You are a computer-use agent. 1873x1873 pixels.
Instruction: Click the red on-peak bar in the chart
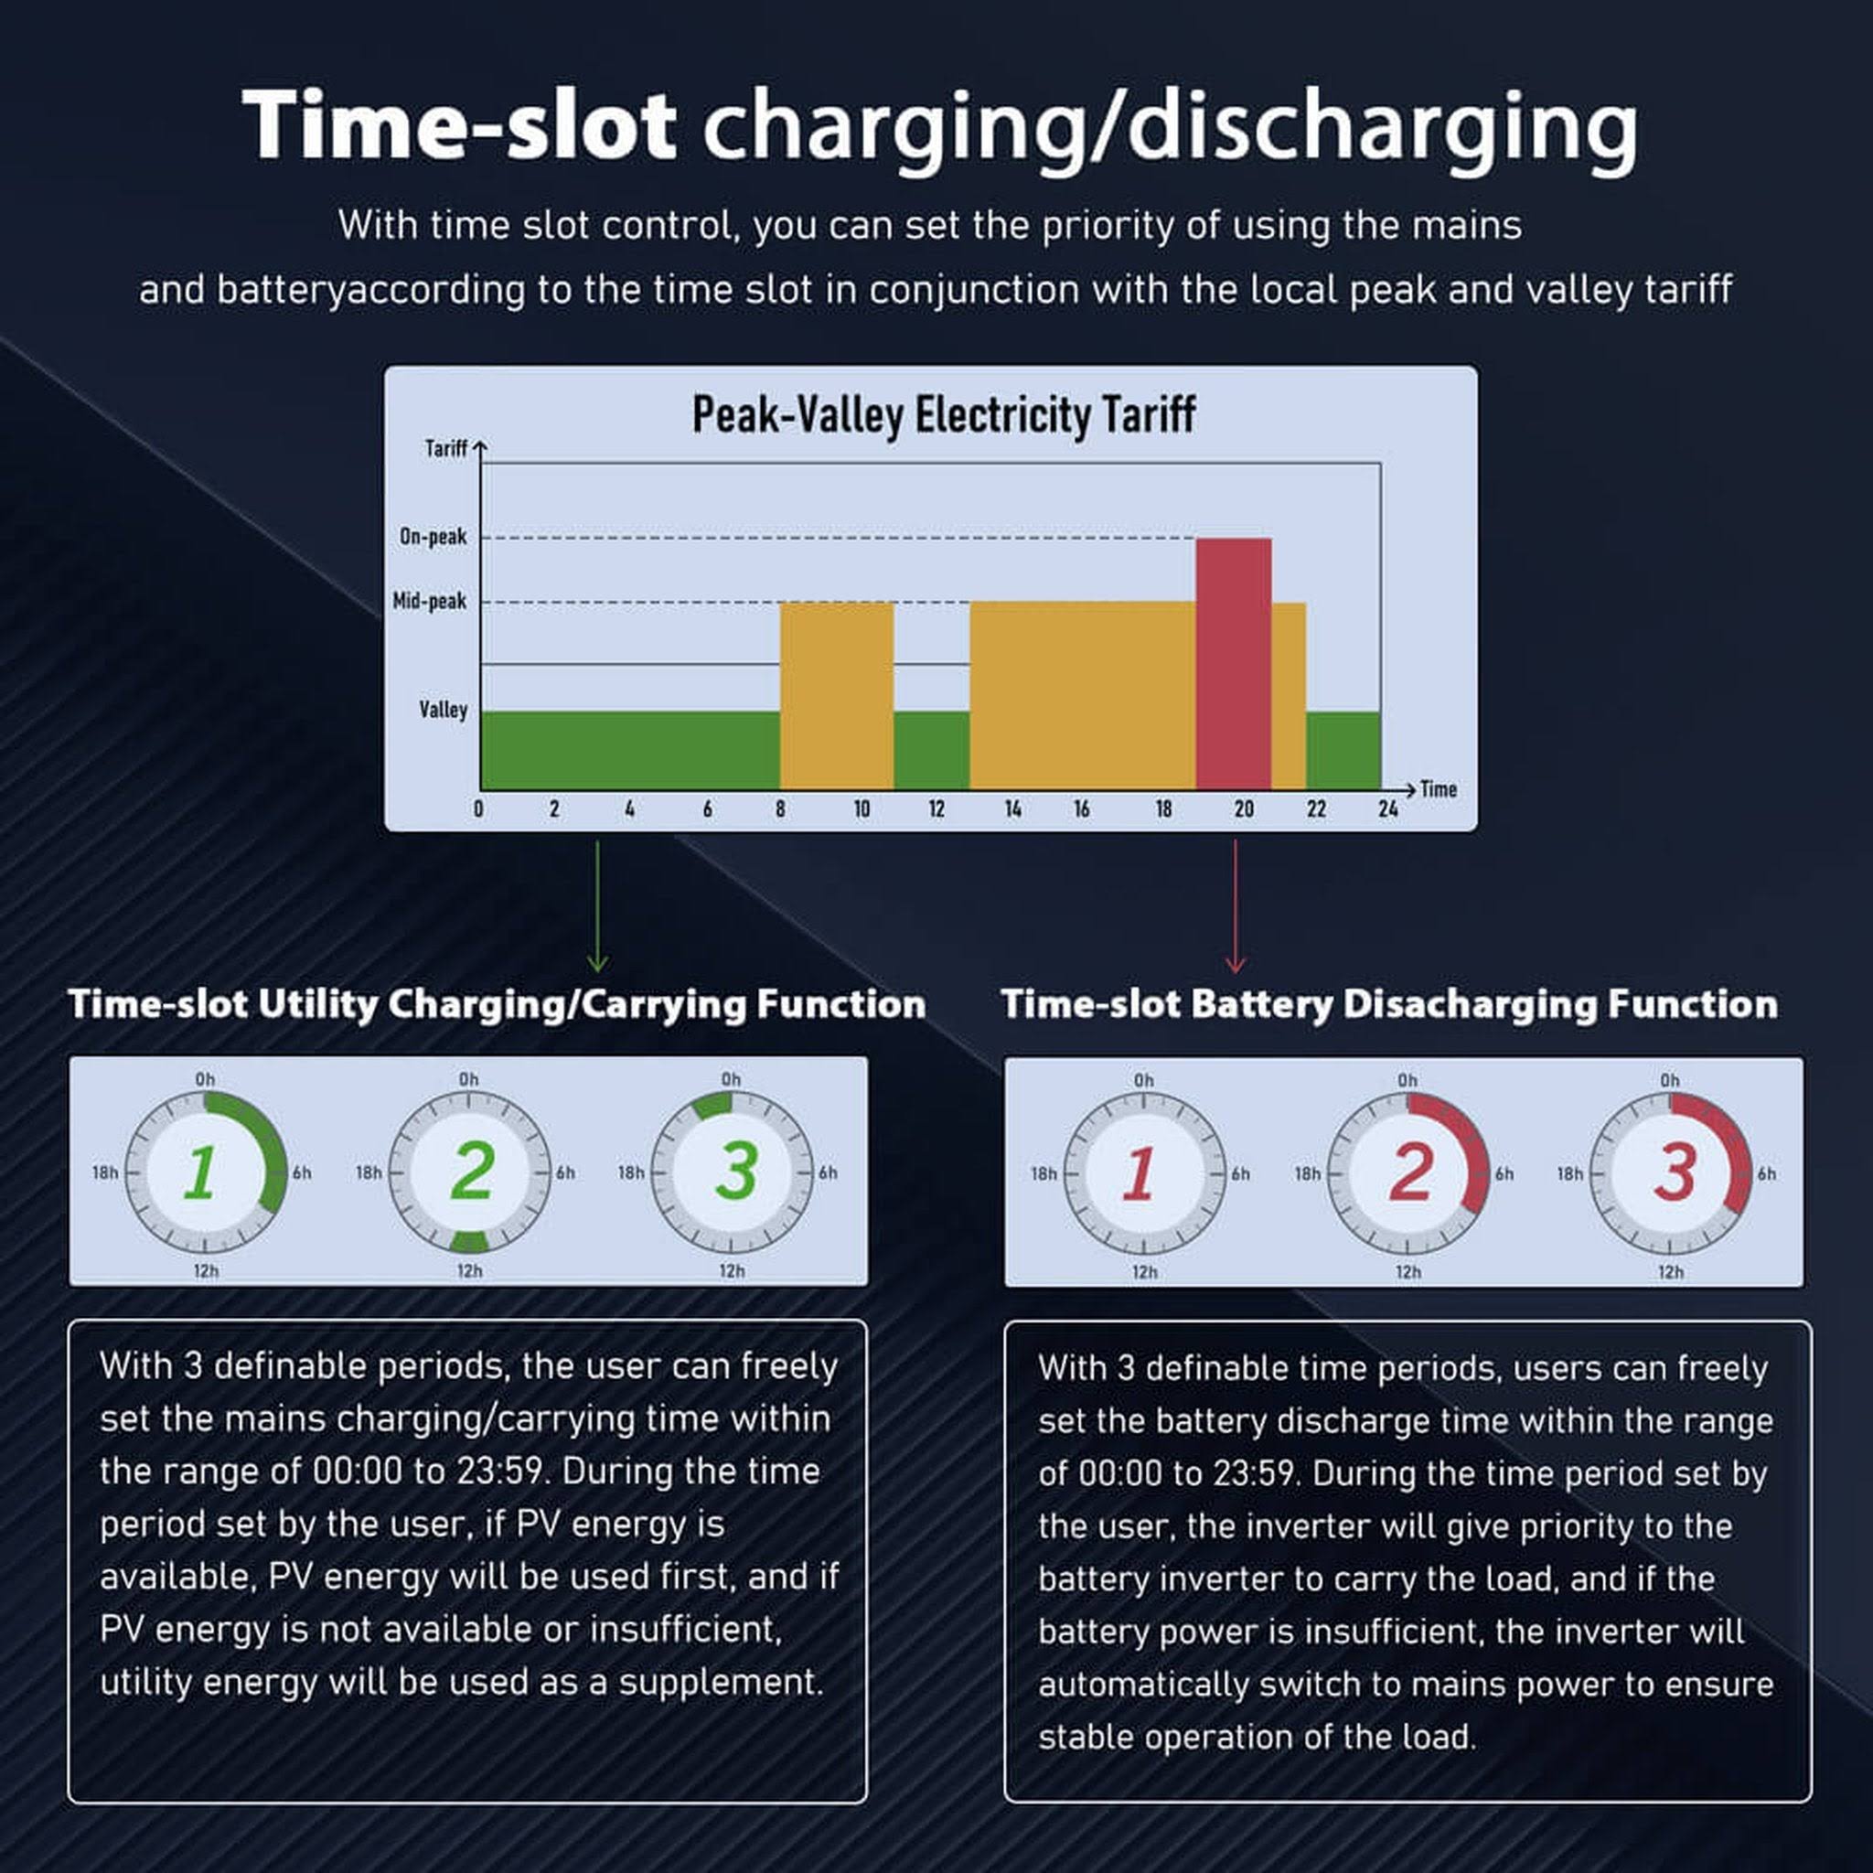point(1233,663)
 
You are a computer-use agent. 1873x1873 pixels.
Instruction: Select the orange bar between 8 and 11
point(837,695)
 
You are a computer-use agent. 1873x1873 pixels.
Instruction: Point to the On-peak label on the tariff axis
point(433,536)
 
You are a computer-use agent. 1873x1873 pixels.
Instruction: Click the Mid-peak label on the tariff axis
point(430,601)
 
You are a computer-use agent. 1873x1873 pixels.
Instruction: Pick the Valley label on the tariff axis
point(443,710)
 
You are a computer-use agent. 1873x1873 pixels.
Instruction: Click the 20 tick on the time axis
point(1244,808)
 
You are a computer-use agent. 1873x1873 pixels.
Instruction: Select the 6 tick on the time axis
point(707,808)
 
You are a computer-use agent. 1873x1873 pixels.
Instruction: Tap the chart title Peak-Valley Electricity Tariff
point(943,414)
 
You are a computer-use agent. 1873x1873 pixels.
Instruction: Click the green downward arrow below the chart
point(597,905)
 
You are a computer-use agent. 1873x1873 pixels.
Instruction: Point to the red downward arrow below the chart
point(1234,905)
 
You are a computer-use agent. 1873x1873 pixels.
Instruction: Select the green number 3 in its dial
point(736,1172)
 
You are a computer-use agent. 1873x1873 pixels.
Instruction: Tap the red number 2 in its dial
point(1409,1172)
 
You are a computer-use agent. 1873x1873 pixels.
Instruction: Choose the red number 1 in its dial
point(1140,1173)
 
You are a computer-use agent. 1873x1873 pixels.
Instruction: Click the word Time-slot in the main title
point(457,125)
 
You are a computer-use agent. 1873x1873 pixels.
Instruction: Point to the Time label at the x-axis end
point(1438,789)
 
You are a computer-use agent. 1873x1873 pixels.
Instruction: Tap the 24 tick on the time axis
point(1387,808)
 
